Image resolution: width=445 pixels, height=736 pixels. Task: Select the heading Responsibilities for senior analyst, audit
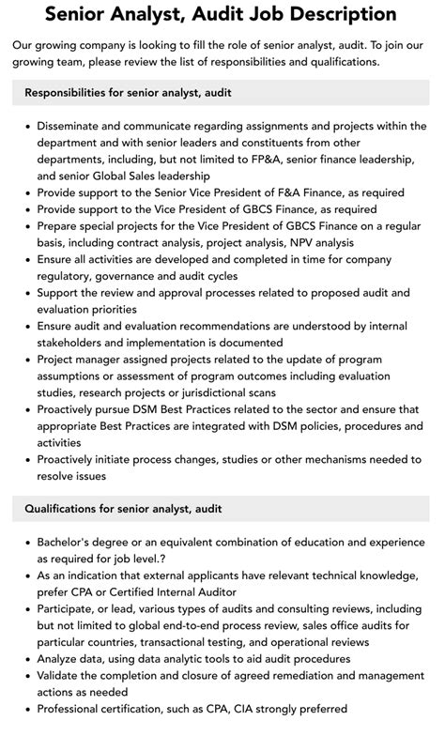128,92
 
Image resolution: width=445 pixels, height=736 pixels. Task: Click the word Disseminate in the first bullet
76,125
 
